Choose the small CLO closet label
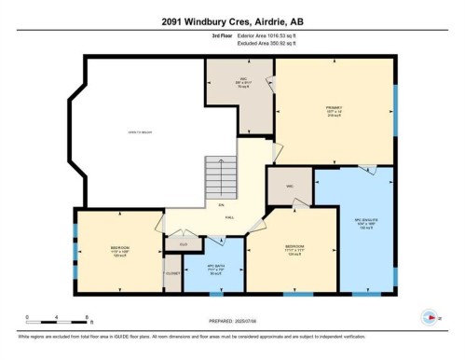(x=184, y=244)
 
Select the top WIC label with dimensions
(x=239, y=81)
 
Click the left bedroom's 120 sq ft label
(x=118, y=256)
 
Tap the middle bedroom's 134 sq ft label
(x=294, y=255)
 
